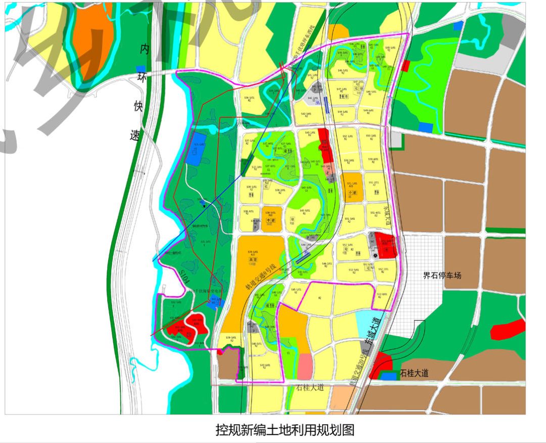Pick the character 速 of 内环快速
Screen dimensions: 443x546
[x=135, y=135]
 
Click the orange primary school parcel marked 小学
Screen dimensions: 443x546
[x=352, y=185]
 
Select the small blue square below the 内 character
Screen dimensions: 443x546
[x=141, y=69]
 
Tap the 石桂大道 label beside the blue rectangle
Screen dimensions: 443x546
[x=414, y=374]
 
